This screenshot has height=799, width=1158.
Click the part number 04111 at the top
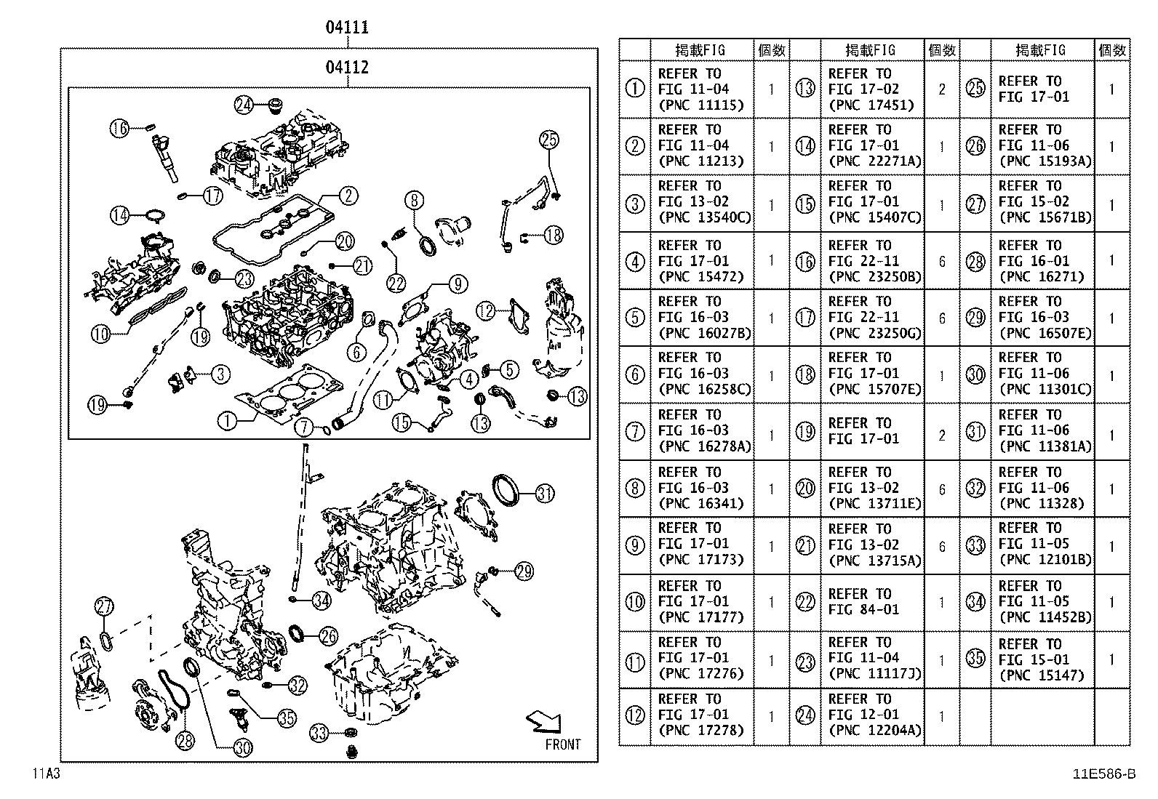[347, 28]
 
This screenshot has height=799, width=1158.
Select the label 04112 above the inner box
[347, 68]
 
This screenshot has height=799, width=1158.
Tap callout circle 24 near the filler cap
[244, 105]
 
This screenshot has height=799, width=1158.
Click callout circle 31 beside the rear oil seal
[544, 494]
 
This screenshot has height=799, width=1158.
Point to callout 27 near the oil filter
[105, 606]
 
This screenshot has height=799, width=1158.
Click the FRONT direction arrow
[544, 722]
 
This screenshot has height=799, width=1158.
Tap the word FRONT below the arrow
[563, 744]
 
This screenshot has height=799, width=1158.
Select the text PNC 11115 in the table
[701, 105]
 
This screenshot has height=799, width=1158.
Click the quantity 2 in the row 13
[942, 89]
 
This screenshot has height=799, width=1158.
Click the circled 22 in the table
[805, 602]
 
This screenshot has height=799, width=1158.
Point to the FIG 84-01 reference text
[863, 610]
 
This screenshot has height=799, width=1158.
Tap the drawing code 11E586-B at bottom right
[1103, 774]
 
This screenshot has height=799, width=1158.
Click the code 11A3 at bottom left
[45, 773]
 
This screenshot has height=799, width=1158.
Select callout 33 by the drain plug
[319, 731]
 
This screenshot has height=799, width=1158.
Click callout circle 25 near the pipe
[548, 140]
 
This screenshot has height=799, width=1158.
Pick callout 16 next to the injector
[119, 128]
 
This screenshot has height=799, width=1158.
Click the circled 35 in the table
[975, 659]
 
